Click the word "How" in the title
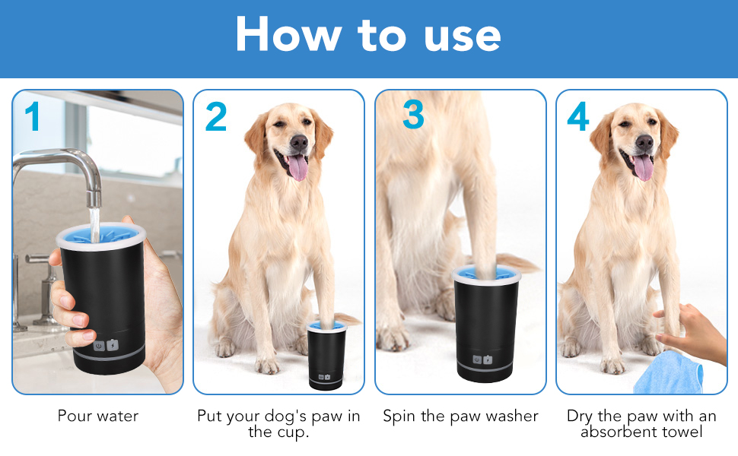click(288, 34)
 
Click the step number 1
click(33, 116)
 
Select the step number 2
click(216, 116)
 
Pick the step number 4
click(578, 116)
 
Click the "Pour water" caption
click(98, 416)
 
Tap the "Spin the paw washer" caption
click(460, 416)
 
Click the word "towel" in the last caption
click(682, 432)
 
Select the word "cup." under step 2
click(291, 432)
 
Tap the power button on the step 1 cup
click(99, 346)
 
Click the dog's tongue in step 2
click(298, 167)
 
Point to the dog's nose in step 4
click(644, 142)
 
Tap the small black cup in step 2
click(326, 356)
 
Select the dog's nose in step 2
click(299, 141)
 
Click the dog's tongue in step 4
click(644, 167)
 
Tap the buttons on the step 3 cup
click(482, 360)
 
